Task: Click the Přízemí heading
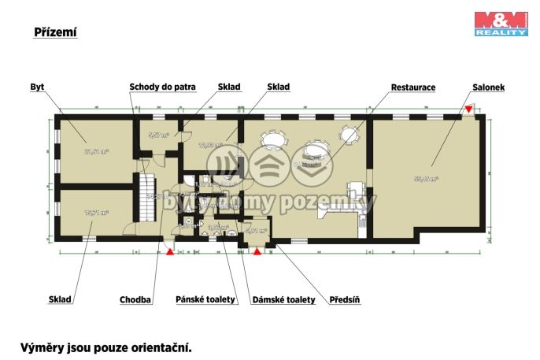click(54, 32)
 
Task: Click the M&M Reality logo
click(500, 23)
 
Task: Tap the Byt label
click(36, 87)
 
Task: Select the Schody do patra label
click(162, 87)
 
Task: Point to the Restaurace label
click(413, 87)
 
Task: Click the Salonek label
click(489, 87)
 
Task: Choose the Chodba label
click(135, 299)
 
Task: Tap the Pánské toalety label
click(205, 299)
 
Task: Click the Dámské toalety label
click(283, 299)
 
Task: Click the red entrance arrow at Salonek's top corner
click(469, 109)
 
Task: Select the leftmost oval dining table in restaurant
click(274, 140)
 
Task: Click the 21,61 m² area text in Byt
click(96, 151)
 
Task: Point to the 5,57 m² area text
click(159, 135)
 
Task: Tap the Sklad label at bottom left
click(61, 299)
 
